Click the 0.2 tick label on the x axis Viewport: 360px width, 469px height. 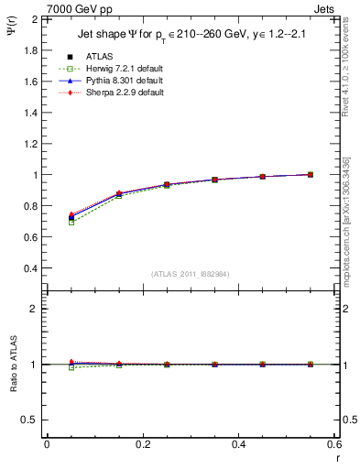click(x=142, y=443)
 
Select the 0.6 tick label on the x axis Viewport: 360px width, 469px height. click(x=333, y=443)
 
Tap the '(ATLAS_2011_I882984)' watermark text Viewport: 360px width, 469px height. click(x=191, y=274)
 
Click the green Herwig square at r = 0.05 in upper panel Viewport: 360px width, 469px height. click(x=71, y=223)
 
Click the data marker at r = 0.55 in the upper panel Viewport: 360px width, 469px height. click(x=311, y=174)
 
